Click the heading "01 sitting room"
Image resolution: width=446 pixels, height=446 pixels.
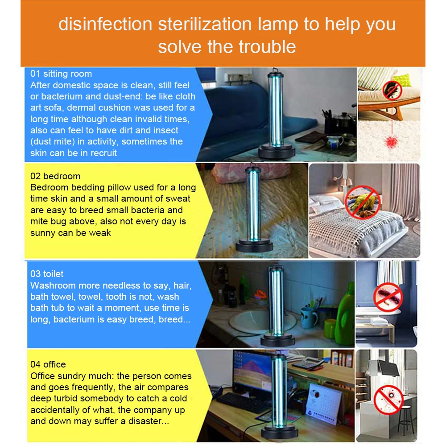tap(61, 74)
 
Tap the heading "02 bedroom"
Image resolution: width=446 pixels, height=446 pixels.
tap(55, 176)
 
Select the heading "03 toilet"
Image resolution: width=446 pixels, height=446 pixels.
tap(47, 274)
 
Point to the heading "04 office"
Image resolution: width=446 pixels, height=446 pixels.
tap(48, 364)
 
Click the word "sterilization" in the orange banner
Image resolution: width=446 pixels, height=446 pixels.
tap(205, 24)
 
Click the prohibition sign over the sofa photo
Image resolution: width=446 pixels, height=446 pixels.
tap(392, 90)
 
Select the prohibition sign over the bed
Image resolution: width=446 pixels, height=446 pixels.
tap(363, 202)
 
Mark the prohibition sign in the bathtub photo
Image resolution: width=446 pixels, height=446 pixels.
tap(388, 297)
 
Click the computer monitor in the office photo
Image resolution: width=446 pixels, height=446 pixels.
tap(252, 372)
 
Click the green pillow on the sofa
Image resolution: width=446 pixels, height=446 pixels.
tap(402, 79)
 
